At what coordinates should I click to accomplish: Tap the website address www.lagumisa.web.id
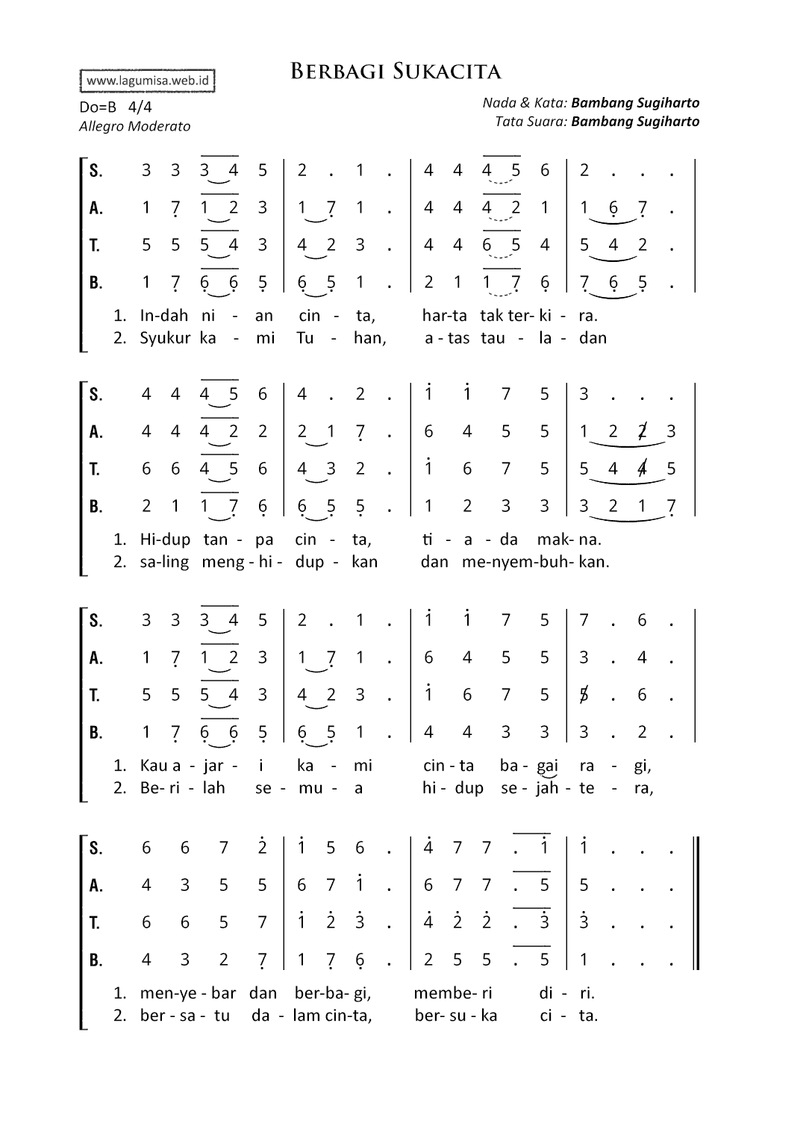tap(147, 81)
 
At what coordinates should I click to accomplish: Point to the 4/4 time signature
tap(140, 107)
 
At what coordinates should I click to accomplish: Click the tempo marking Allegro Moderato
tap(134, 126)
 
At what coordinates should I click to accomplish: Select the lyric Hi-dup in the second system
tap(165, 539)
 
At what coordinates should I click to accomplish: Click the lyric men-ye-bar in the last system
tap(187, 993)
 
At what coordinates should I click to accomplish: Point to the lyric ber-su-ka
tap(455, 1016)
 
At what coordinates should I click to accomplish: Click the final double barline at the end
tap(696, 903)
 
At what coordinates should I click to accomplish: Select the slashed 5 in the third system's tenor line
tap(584, 695)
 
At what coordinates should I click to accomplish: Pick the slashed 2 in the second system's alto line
tap(642, 431)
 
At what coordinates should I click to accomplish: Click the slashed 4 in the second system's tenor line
tap(642, 469)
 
